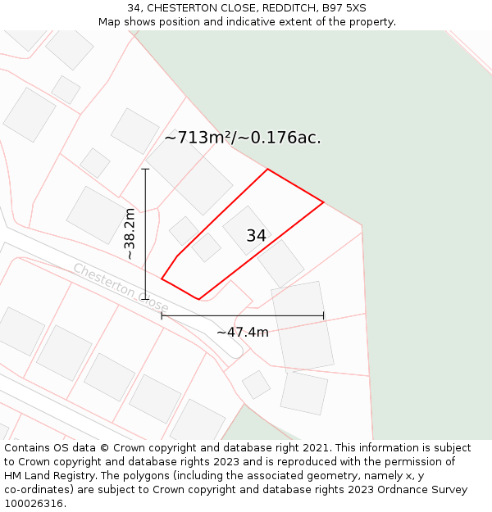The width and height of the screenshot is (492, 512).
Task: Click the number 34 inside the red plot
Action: (x=256, y=236)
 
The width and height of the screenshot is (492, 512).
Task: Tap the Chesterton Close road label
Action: (x=121, y=287)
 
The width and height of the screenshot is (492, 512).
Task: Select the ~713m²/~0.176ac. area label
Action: (x=243, y=138)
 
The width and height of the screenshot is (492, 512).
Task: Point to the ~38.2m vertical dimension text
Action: (x=130, y=234)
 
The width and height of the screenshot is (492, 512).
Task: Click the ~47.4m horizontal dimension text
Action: (x=243, y=332)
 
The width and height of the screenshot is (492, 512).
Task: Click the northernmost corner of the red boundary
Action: (x=267, y=170)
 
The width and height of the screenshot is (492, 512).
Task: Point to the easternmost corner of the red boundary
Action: (x=324, y=202)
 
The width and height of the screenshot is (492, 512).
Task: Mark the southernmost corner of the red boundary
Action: (x=199, y=300)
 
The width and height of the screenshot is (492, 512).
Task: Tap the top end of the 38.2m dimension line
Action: (x=145, y=170)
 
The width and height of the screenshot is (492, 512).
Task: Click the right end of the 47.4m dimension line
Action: (x=324, y=315)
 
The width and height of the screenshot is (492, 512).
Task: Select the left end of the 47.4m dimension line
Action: (x=162, y=315)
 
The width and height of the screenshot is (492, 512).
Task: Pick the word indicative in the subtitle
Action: (x=245, y=22)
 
